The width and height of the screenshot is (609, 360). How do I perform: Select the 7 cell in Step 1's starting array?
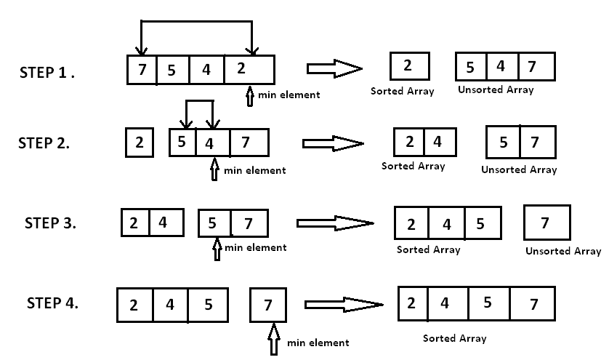(x=140, y=71)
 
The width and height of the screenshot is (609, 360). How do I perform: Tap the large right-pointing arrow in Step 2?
(x=331, y=143)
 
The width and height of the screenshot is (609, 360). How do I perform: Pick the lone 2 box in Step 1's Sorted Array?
(x=408, y=66)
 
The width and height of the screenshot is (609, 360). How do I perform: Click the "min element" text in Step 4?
(x=318, y=343)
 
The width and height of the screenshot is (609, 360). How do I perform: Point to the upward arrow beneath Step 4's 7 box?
(x=274, y=339)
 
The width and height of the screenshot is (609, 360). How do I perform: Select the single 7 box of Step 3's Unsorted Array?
(x=547, y=223)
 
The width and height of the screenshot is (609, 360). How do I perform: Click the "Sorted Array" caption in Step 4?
(x=455, y=338)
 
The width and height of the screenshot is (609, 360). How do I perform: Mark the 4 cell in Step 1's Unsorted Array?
(x=501, y=67)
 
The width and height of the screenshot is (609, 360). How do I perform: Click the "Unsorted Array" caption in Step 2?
(x=519, y=169)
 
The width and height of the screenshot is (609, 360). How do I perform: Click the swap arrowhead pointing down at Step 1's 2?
(x=252, y=51)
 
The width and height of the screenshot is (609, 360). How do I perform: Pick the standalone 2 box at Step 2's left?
(x=139, y=143)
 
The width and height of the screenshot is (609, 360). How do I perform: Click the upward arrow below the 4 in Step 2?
(x=214, y=170)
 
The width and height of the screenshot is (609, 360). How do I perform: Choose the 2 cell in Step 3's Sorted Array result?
(x=411, y=224)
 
